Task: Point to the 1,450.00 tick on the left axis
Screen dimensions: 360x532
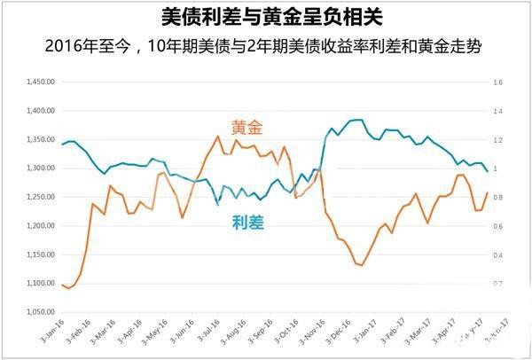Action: click(x=42, y=82)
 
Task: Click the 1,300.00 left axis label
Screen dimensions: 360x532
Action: click(x=42, y=168)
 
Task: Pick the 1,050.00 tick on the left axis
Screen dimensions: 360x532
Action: click(x=42, y=312)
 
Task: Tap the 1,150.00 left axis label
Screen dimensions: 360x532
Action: click(x=42, y=254)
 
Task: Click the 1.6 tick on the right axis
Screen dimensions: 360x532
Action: click(x=497, y=82)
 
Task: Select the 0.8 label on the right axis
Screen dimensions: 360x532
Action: click(x=497, y=197)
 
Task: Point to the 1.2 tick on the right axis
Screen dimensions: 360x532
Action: click(x=497, y=140)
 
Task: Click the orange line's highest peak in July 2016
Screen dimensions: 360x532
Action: click(x=218, y=136)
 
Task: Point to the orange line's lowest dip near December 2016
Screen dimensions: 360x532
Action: click(x=361, y=265)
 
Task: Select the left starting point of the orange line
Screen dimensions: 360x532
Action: click(x=62, y=284)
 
